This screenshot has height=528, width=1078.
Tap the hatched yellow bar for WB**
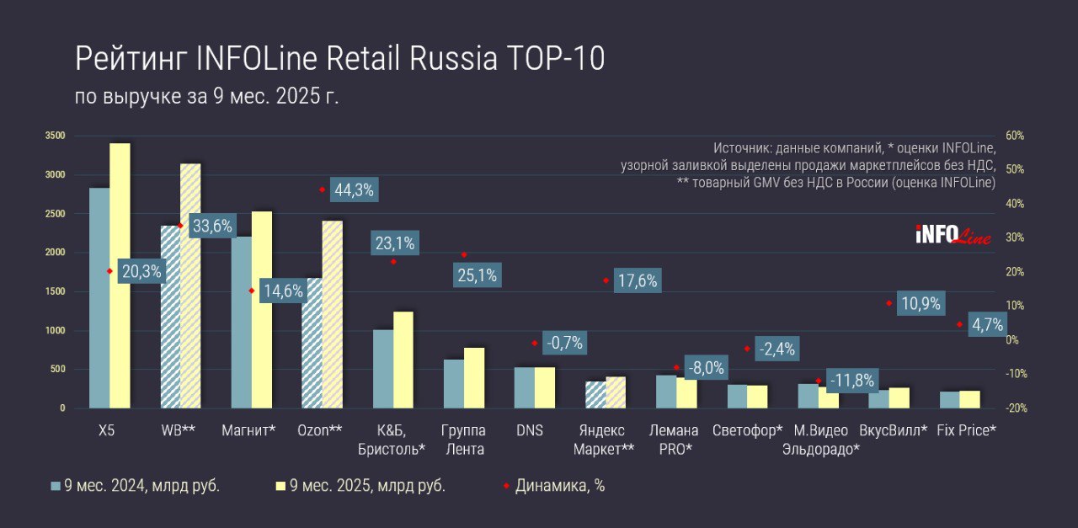coord(190,286)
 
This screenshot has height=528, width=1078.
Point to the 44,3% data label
coord(354,190)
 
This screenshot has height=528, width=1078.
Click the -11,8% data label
coord(851,380)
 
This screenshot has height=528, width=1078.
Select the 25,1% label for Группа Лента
coord(477,275)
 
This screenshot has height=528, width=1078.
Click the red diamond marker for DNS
coord(534,343)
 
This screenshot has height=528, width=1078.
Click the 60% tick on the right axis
coord(1015,136)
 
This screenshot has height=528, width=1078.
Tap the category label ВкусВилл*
coord(893,430)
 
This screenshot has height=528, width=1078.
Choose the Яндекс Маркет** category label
coord(603,440)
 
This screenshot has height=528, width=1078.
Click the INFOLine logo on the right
coord(953,235)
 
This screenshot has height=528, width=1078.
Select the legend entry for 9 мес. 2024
coord(136,486)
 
